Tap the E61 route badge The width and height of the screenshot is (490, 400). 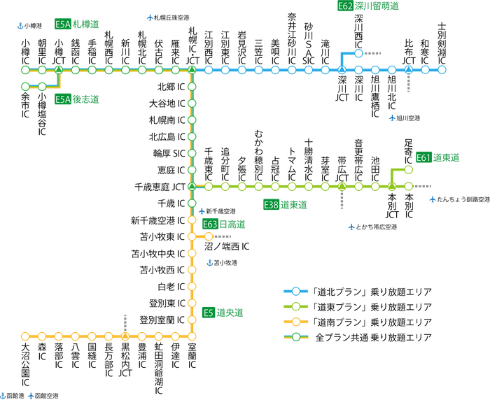423,158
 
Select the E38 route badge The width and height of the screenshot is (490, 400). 272,205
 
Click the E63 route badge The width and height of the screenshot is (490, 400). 210,224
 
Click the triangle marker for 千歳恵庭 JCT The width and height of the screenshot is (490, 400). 192,187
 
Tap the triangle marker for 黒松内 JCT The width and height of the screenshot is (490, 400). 125,336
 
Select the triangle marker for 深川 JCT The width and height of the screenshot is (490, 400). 342,70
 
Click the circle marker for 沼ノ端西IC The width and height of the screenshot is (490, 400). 208,236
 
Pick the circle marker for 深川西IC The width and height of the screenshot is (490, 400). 358,53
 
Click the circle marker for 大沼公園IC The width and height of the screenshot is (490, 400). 25,336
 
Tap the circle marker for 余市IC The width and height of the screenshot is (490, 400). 25,87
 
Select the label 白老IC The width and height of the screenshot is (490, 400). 171,287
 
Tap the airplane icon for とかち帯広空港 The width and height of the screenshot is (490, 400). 350,227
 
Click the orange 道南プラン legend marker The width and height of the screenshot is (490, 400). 295,322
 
